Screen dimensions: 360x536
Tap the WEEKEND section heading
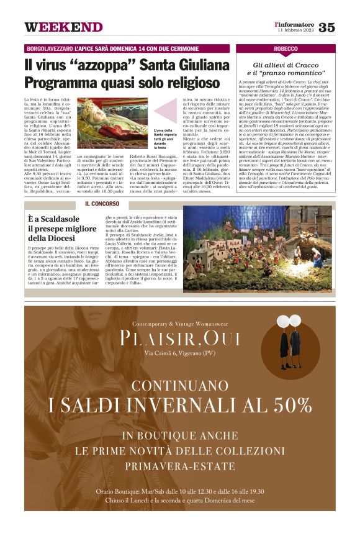(63, 27)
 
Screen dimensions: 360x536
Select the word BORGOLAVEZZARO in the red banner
(48, 48)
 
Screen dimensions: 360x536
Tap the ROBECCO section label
(286, 48)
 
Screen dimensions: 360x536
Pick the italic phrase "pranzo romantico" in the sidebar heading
(290, 73)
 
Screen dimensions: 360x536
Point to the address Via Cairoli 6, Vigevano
(179, 354)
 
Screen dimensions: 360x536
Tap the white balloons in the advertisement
(284, 321)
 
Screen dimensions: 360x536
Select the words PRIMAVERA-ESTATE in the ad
(179, 466)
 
